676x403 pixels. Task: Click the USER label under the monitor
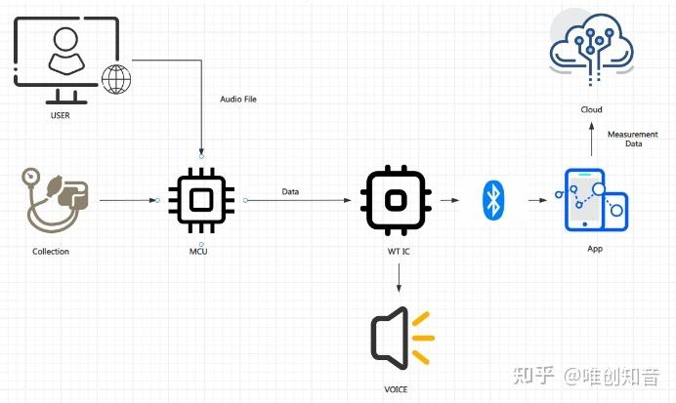pos(61,116)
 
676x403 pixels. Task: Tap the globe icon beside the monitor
pos(116,79)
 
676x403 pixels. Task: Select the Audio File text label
pos(238,100)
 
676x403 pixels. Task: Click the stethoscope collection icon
pos(56,201)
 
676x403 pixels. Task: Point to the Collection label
pos(51,251)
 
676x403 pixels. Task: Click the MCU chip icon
pos(201,201)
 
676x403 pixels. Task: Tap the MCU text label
pos(198,251)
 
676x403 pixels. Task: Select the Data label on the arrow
pos(290,191)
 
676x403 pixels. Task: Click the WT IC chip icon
pos(395,201)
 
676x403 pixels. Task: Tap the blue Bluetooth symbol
pos(493,201)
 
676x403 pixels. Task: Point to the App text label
pos(594,249)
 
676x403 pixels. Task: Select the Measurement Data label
pos(628,139)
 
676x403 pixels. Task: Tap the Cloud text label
pos(590,110)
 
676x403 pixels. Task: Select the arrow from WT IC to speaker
pos(399,276)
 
